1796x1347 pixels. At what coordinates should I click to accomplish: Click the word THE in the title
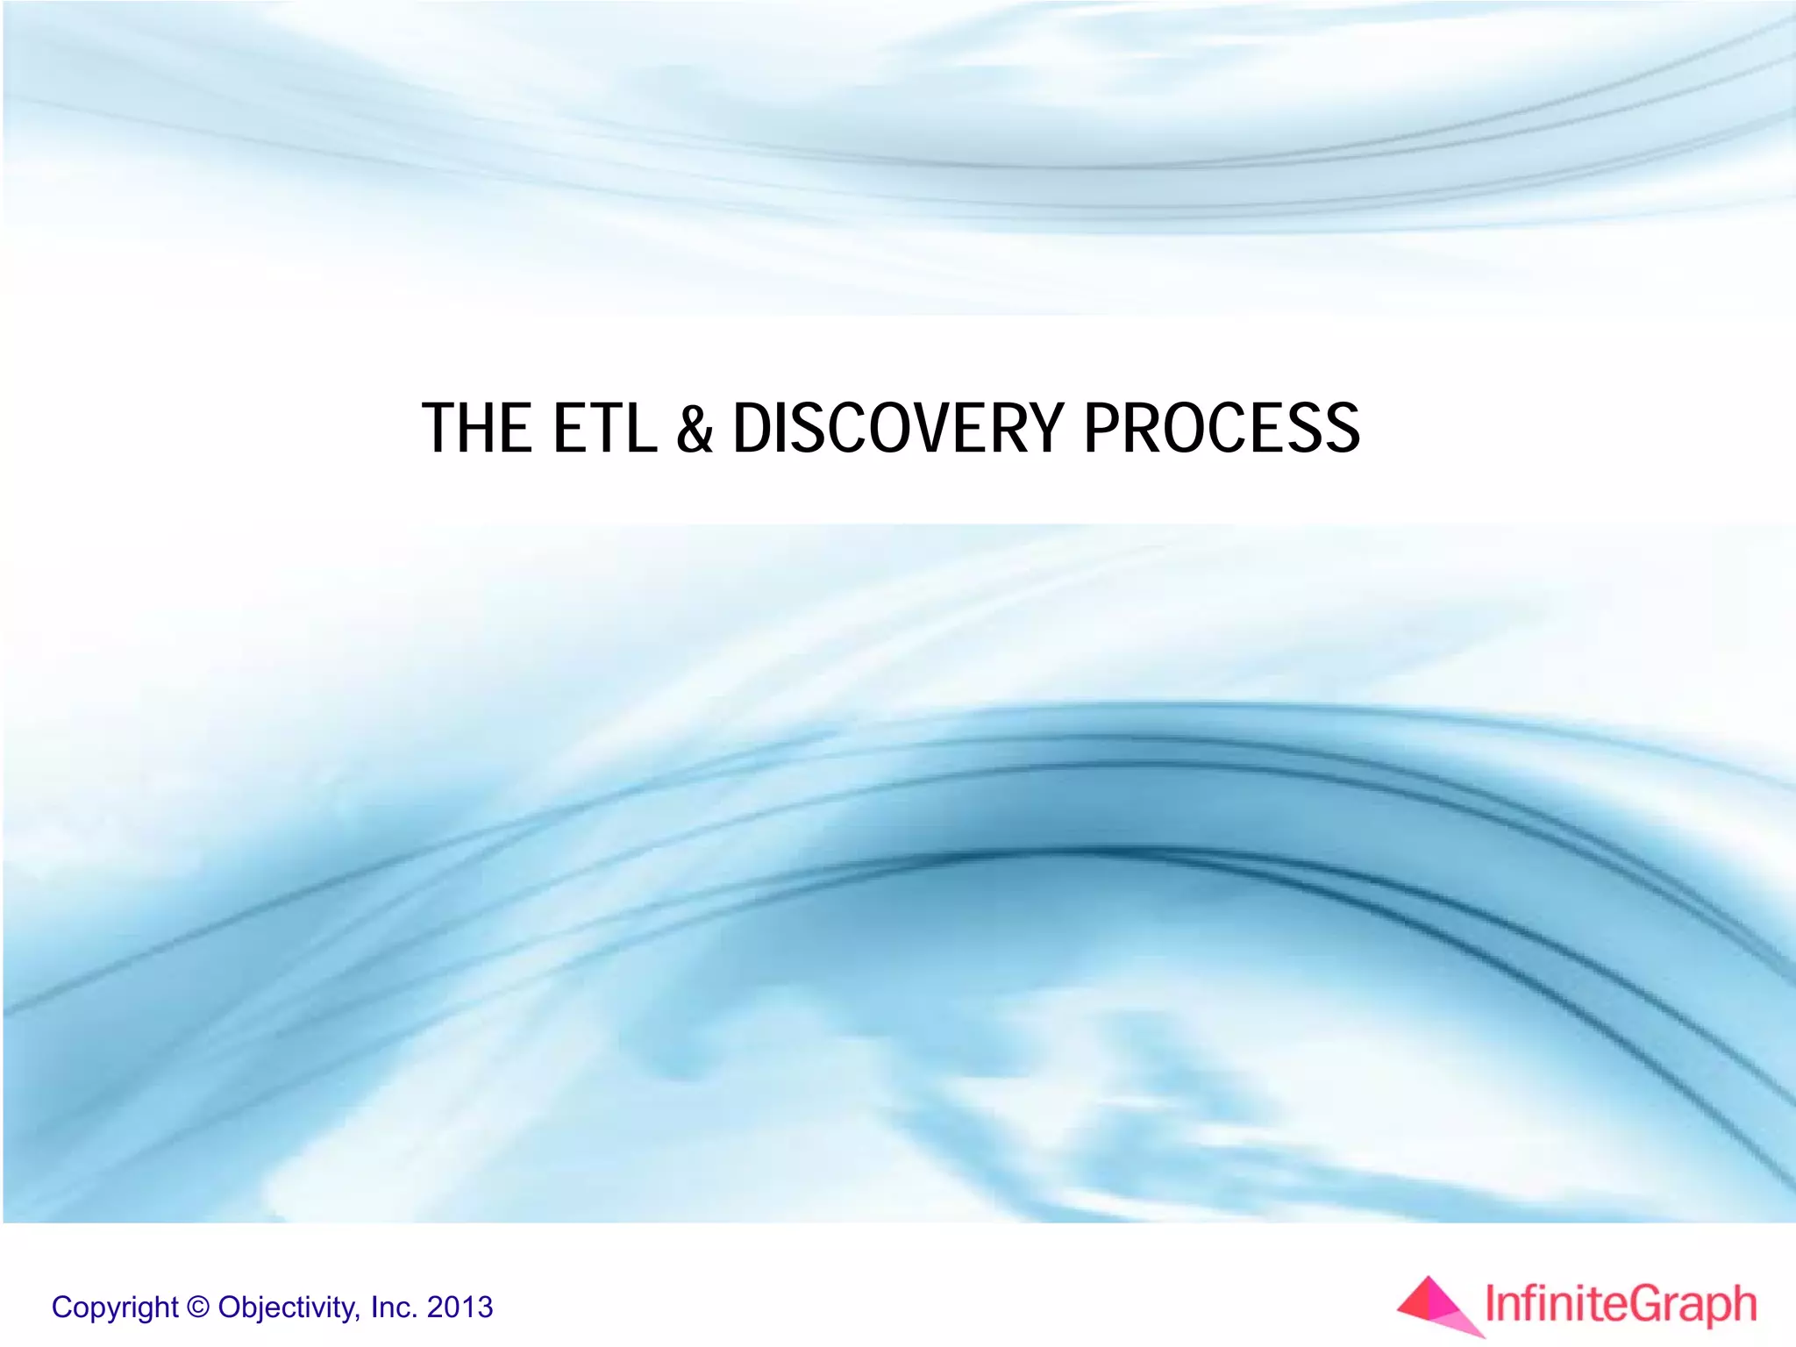pos(477,429)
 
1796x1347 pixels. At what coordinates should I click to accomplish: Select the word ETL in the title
pos(604,429)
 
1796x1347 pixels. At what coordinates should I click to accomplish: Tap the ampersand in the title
pos(695,429)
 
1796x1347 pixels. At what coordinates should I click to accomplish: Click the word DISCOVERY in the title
pos(898,429)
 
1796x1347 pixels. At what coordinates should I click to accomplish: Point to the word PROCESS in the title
pos(1222,429)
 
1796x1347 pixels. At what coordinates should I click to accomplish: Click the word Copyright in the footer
pos(115,1308)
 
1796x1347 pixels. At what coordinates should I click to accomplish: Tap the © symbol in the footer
pos(199,1308)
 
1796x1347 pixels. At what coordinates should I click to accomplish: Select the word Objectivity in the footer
pos(289,1308)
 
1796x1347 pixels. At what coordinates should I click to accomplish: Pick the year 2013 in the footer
pos(460,1308)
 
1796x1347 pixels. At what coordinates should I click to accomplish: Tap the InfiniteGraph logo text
pos(1621,1305)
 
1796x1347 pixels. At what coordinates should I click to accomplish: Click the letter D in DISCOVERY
pos(753,429)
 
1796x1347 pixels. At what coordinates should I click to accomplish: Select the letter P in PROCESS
pos(1102,429)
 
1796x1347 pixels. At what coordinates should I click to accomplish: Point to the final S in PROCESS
pos(1341,429)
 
